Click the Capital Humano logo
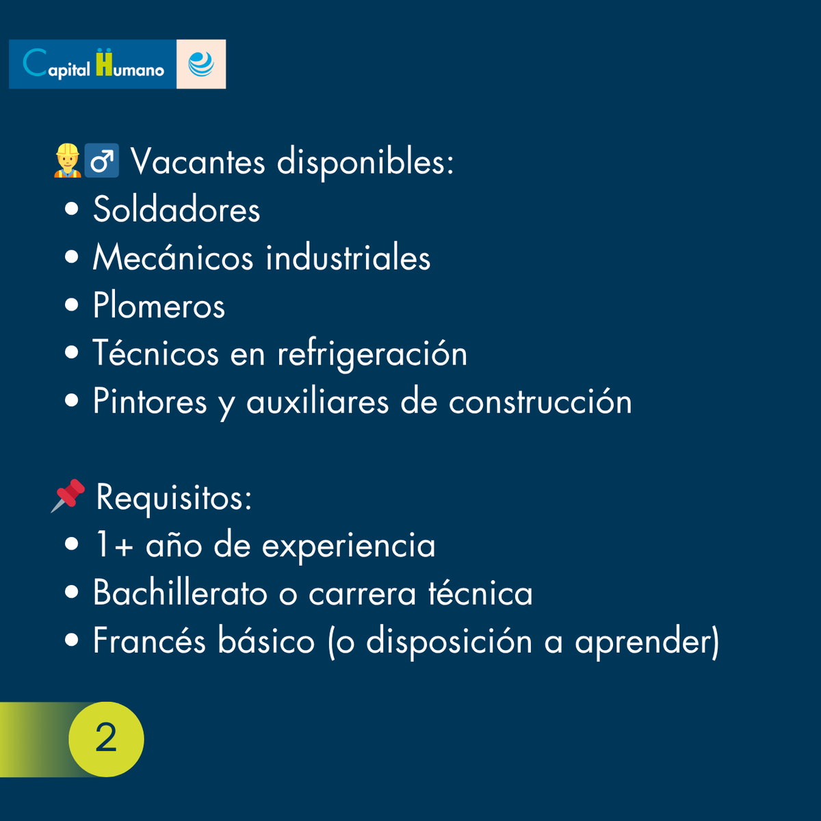click(x=93, y=64)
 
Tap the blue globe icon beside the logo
click(x=201, y=64)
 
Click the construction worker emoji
click(x=67, y=161)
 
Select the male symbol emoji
click(x=102, y=161)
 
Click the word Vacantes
click(x=198, y=162)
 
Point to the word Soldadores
click(x=177, y=209)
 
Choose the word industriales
click(x=348, y=257)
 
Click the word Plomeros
click(x=159, y=305)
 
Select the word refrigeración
click(x=372, y=354)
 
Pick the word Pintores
click(x=150, y=402)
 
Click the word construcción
click(x=540, y=402)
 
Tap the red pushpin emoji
click(x=68, y=495)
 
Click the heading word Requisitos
click(x=174, y=497)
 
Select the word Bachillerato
click(x=180, y=592)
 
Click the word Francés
click(x=149, y=641)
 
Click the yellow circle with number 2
click(x=106, y=739)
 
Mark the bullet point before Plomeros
click(x=72, y=305)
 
